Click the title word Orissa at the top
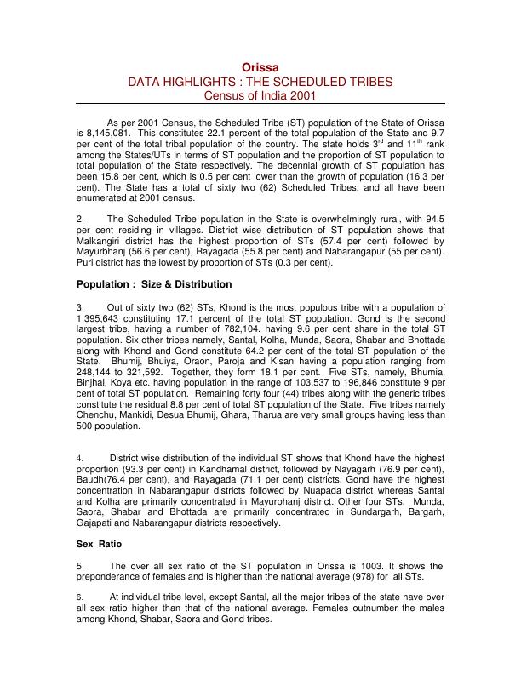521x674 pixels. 260,66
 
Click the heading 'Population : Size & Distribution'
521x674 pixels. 153,284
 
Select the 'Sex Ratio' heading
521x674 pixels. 100,542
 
